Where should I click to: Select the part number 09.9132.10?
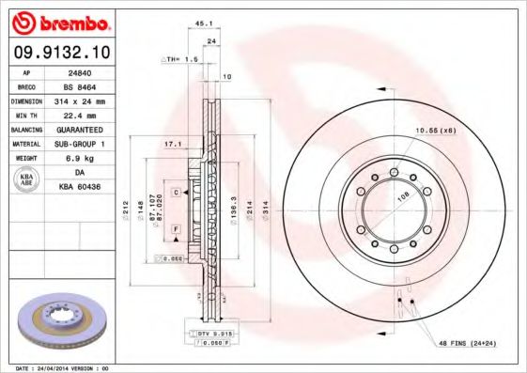click(x=60, y=51)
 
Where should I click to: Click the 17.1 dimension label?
click(x=172, y=145)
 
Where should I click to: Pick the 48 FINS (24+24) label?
click(x=466, y=345)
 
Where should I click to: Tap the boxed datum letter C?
click(x=176, y=192)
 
